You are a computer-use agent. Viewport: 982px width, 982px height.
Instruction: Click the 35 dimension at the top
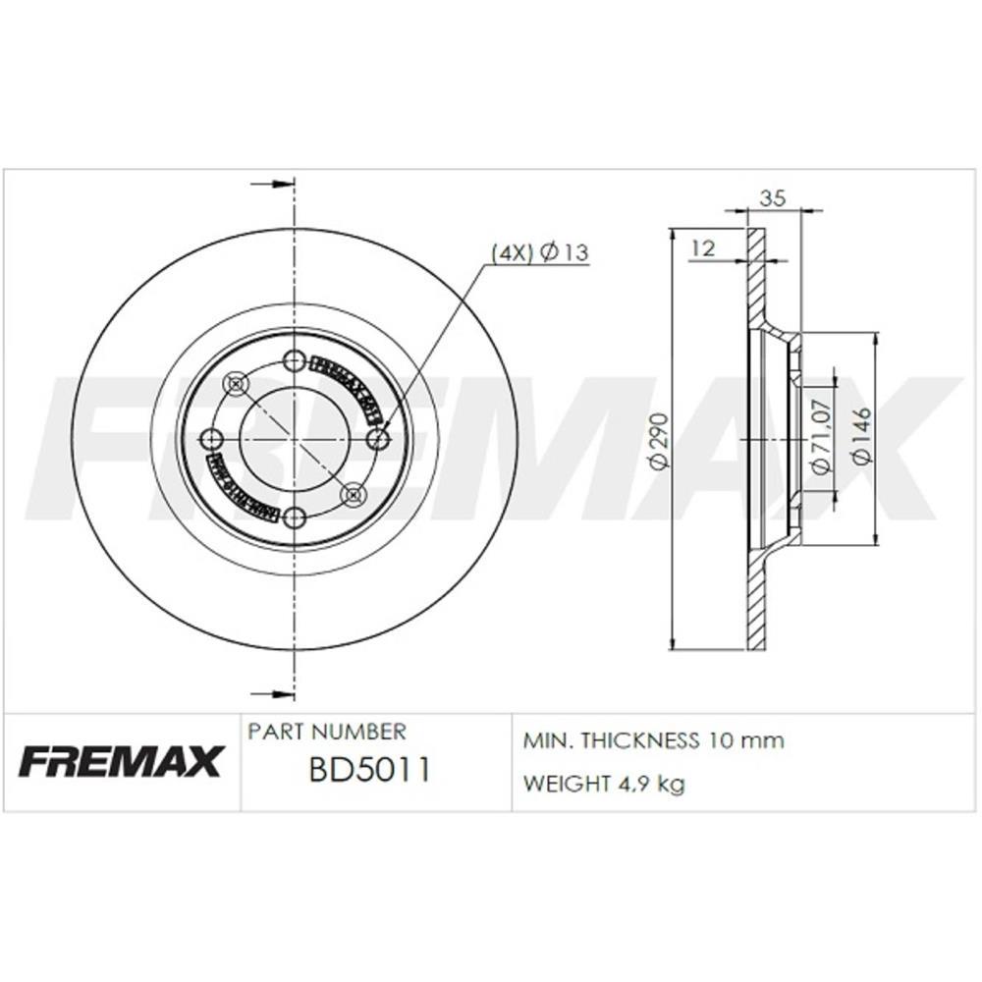tap(773, 198)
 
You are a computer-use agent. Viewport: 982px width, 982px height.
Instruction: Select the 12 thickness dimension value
tap(702, 248)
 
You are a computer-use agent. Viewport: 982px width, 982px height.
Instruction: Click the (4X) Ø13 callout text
tap(539, 252)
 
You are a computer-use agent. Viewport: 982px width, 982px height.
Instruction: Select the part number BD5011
tap(369, 769)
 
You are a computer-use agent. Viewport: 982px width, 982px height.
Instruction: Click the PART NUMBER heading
tap(326, 733)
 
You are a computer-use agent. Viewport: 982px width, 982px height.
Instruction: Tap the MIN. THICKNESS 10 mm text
tap(654, 740)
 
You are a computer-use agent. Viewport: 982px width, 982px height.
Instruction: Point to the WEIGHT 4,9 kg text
tap(604, 784)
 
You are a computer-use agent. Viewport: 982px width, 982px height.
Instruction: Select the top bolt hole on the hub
tap(294, 361)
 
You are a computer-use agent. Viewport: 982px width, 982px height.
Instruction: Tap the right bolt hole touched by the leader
tap(378, 439)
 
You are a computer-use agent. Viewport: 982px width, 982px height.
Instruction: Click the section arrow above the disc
tap(275, 185)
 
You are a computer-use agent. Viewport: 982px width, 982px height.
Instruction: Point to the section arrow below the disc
tap(275, 693)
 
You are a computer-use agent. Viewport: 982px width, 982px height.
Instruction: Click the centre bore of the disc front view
tap(294, 439)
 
